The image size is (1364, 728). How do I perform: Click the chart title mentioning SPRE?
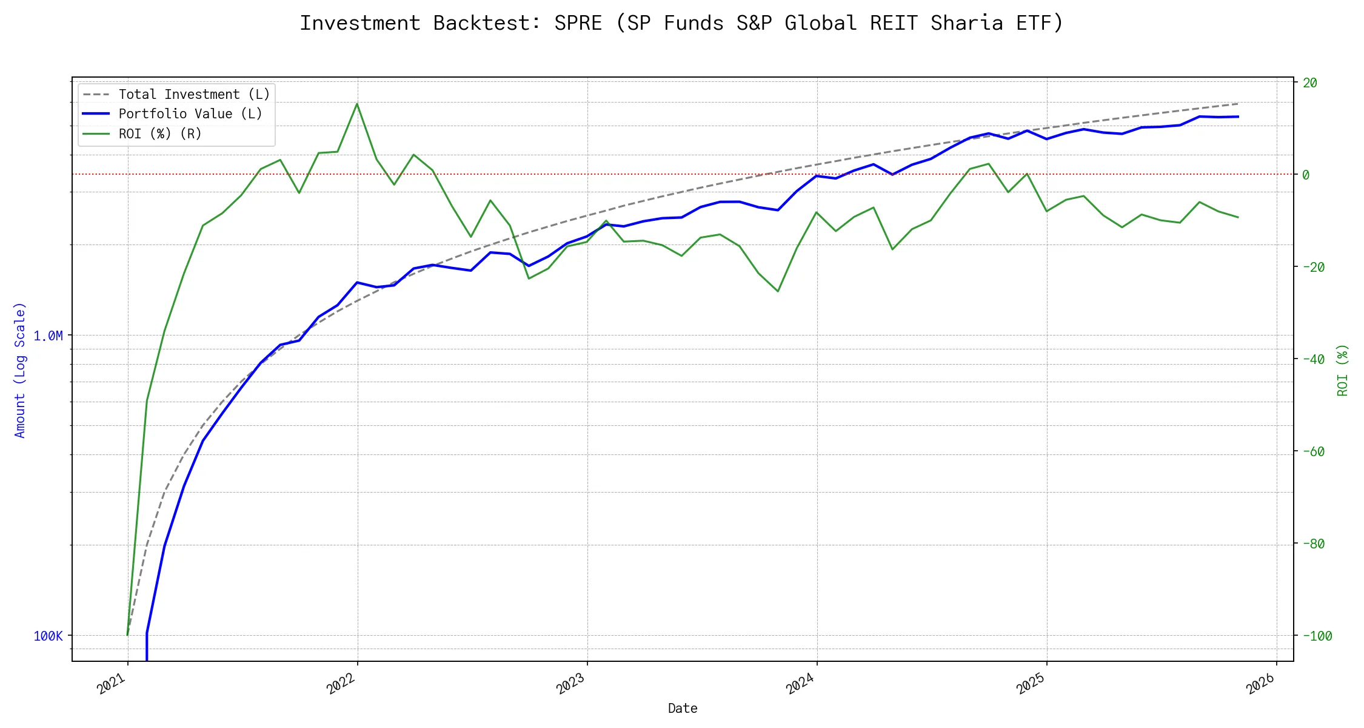(681, 23)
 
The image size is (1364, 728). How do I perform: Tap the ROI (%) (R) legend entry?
(160, 133)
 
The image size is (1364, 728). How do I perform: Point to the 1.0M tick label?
(48, 335)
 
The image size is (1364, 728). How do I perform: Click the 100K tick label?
(48, 636)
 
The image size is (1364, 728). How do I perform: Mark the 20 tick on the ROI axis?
(1310, 83)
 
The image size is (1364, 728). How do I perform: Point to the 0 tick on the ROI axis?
(1306, 175)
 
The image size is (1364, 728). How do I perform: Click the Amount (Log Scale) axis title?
(20, 370)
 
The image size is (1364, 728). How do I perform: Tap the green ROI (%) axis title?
(1343, 370)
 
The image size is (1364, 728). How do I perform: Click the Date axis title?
(683, 708)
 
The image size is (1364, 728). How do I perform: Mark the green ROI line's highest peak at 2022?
(357, 104)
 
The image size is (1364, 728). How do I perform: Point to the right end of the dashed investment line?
(1238, 104)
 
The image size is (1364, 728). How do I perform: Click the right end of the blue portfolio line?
(1238, 116)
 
